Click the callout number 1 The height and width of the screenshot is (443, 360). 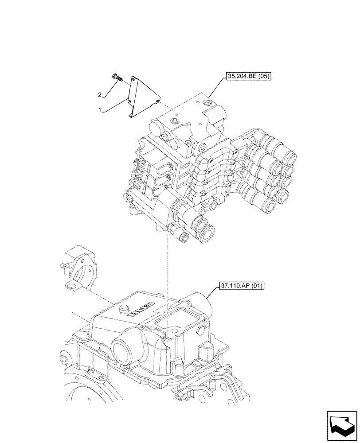[x=101, y=109]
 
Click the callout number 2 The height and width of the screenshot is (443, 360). [x=100, y=94]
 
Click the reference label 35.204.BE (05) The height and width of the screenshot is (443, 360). [x=248, y=76]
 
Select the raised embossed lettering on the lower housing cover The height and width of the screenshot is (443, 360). [x=141, y=310]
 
